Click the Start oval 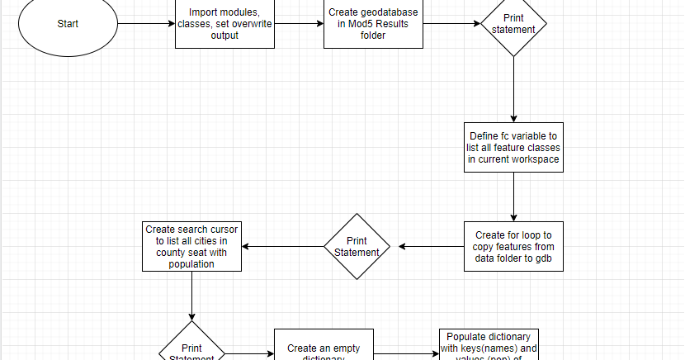pyautogui.click(x=68, y=23)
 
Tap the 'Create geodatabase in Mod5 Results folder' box pyautogui.click(x=372, y=24)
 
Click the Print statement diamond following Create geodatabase pyautogui.click(x=513, y=23)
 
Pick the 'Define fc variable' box pyautogui.click(x=513, y=147)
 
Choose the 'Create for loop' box pyautogui.click(x=513, y=246)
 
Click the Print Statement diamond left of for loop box pyautogui.click(x=357, y=246)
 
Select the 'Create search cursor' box pyautogui.click(x=192, y=246)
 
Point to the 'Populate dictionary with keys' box pyautogui.click(x=488, y=347)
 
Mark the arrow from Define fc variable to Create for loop pyautogui.click(x=513, y=197)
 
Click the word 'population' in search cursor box pyautogui.click(x=192, y=264)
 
